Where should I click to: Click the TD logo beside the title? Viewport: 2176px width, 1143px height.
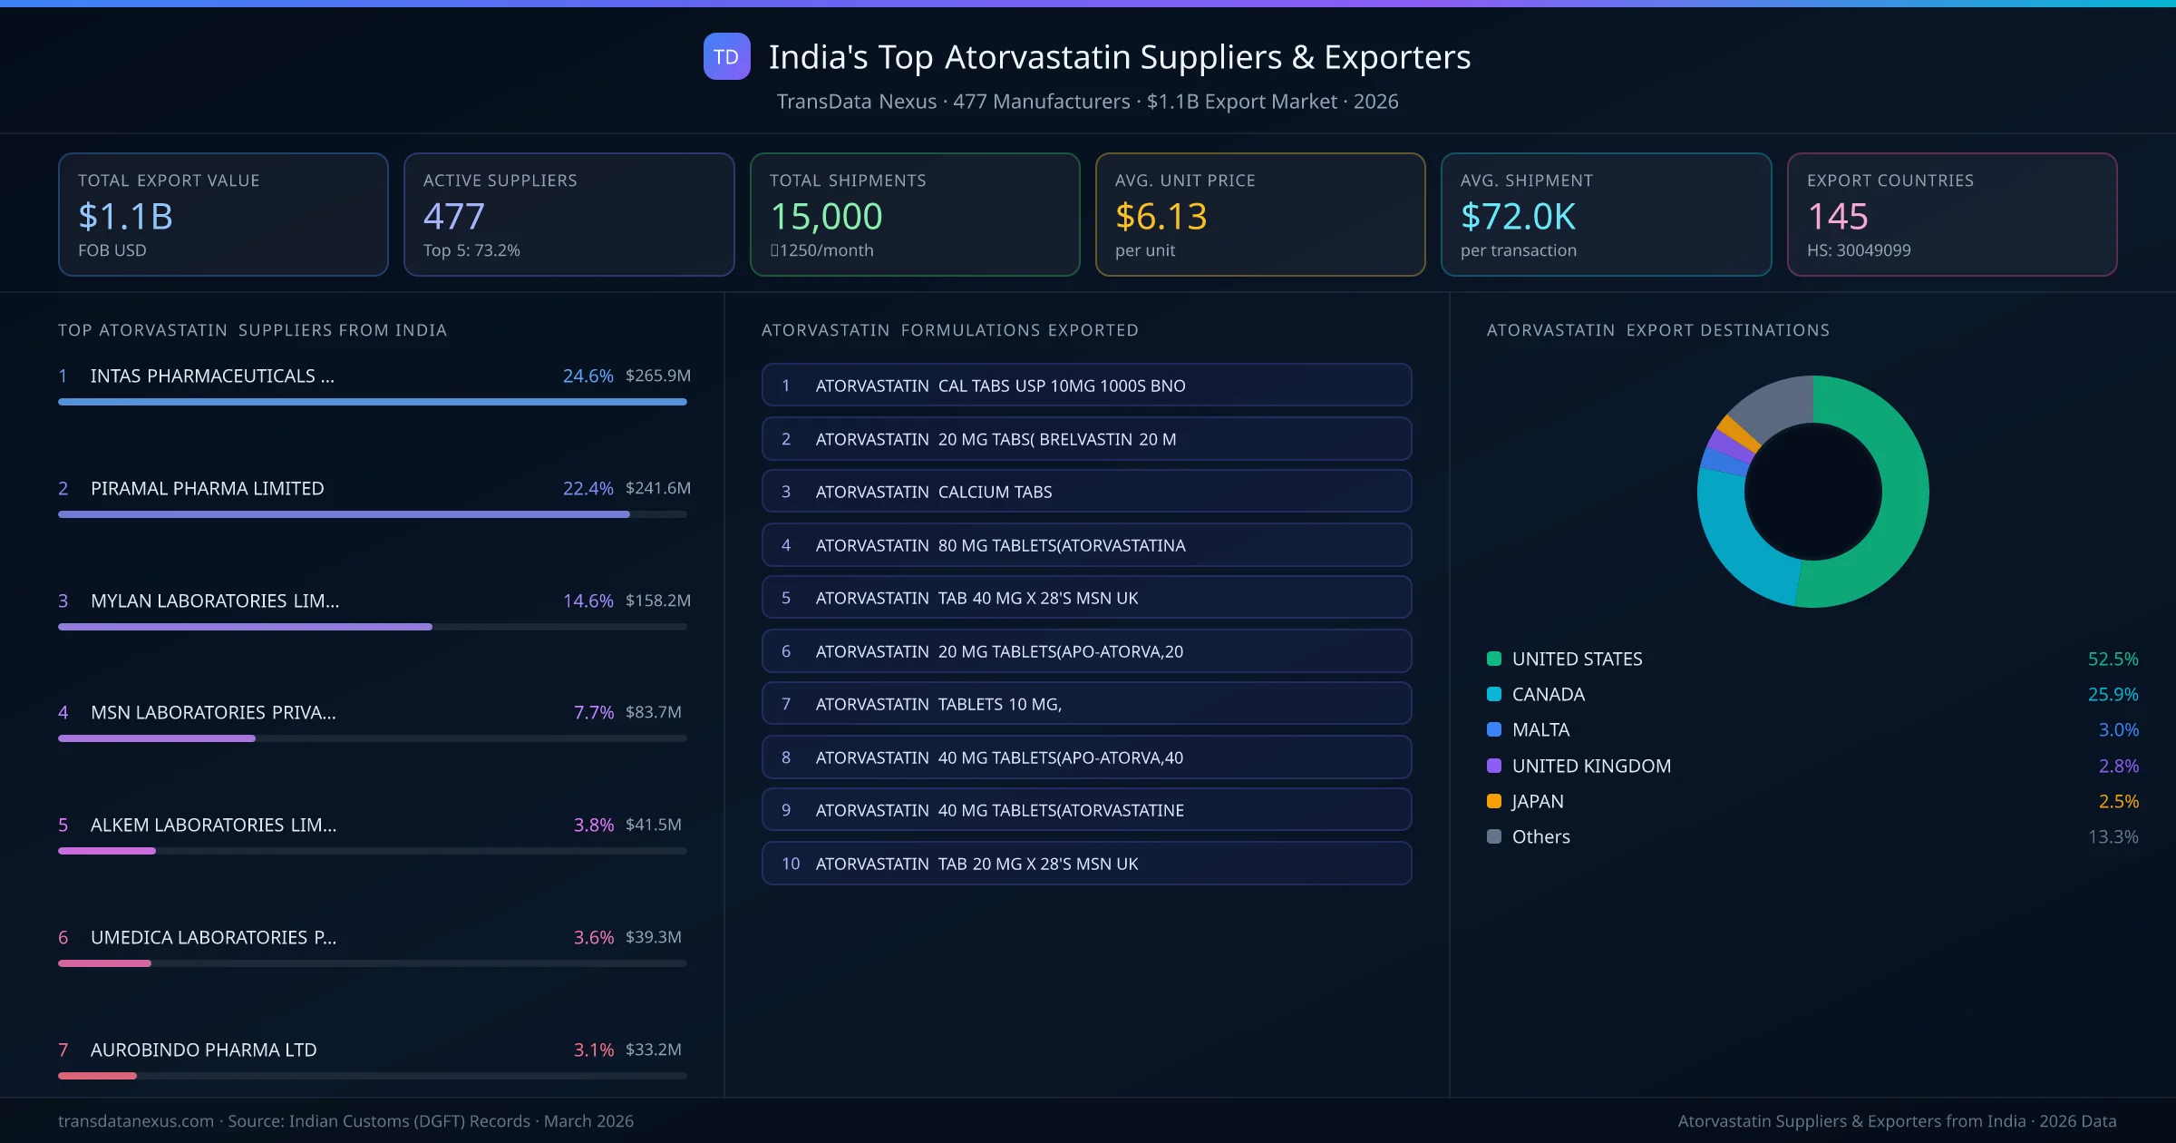coord(726,57)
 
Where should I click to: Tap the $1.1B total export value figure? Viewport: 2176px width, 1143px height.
coord(125,217)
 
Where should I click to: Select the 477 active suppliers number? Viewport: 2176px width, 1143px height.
coord(453,217)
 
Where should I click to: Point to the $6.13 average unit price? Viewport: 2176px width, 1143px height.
coord(1161,217)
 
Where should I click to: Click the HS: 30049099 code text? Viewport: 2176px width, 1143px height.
coord(1858,250)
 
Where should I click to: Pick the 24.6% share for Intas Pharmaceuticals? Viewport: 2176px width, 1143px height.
coord(588,376)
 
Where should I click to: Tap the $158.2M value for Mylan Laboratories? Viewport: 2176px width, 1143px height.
coord(657,601)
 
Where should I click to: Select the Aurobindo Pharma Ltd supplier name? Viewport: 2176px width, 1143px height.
coord(203,1050)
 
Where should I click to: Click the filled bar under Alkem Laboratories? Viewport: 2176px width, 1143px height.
coord(107,851)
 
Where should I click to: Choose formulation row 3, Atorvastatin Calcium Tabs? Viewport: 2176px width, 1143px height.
coord(1086,492)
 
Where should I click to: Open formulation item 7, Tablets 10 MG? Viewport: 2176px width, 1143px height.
coord(1086,704)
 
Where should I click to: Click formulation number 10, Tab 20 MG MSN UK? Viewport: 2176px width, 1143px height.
coord(1086,864)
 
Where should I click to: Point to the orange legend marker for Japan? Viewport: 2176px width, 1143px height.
coord(1494,801)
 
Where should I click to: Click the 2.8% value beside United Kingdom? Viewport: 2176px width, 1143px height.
coord(2118,766)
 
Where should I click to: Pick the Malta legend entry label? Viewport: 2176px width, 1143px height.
coord(1540,730)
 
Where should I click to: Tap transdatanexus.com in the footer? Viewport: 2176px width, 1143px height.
coord(136,1121)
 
